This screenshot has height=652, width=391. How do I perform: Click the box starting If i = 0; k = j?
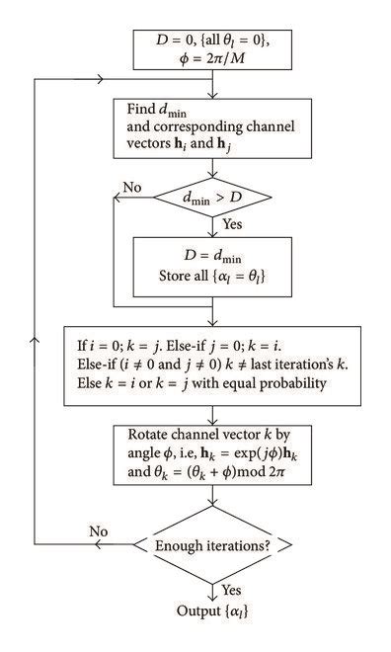coord(211,365)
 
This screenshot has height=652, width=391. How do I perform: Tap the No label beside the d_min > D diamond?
coord(131,187)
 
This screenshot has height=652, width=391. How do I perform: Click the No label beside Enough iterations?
coord(100,530)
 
